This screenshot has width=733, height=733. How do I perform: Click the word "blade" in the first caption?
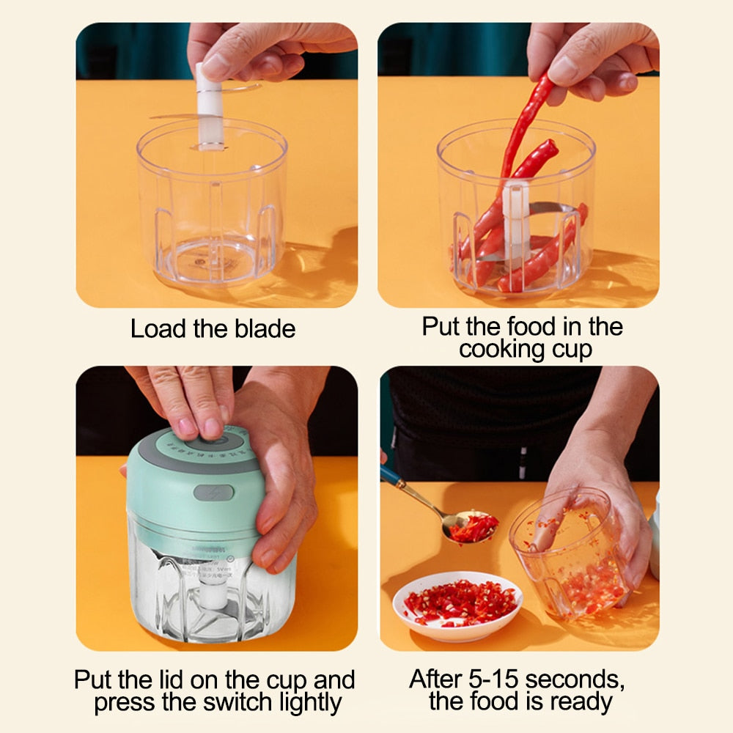[x=265, y=329]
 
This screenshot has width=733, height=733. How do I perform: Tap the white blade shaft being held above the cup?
[x=209, y=106]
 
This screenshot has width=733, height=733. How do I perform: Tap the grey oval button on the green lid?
[x=213, y=492]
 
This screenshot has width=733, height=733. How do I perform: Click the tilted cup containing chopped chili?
[x=572, y=557]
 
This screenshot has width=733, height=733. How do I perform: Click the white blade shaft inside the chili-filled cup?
[x=516, y=220]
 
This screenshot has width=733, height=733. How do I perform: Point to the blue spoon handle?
[x=399, y=484]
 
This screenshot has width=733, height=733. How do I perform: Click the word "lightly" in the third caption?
[x=309, y=702]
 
